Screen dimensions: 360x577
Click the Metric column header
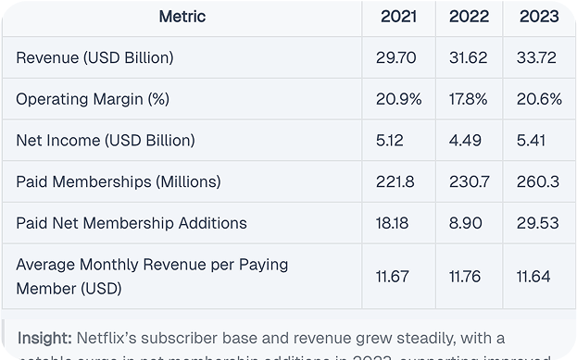click(182, 17)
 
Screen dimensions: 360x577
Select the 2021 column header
click(398, 17)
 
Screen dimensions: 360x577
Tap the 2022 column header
click(469, 17)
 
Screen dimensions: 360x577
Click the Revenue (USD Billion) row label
click(95, 58)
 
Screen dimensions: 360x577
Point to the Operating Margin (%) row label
click(93, 99)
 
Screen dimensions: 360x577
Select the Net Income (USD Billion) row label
click(106, 141)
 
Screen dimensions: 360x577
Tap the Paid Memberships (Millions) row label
click(119, 181)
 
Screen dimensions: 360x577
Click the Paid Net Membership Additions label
click(132, 223)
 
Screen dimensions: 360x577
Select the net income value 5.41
click(531, 141)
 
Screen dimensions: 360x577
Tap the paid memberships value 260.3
click(536, 181)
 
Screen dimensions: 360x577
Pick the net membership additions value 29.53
click(536, 223)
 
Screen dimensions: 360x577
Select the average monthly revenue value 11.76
click(467, 276)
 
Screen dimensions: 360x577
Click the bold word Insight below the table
click(45, 337)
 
